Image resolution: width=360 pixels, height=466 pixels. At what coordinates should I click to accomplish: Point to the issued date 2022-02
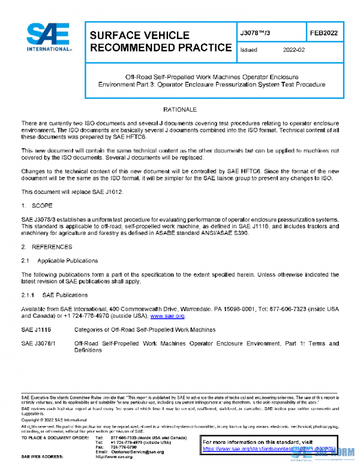tap(294, 50)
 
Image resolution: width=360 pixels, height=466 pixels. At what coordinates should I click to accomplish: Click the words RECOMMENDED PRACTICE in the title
tap(160, 48)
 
